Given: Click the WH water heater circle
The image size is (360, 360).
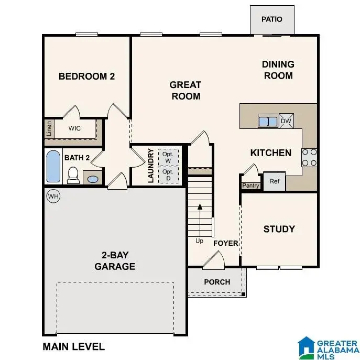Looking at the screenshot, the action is point(53,197).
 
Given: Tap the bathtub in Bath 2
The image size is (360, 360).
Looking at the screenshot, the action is point(53,167).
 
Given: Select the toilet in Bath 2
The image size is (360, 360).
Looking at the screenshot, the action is point(73,175).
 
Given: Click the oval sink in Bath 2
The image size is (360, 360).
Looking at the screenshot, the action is point(93,179).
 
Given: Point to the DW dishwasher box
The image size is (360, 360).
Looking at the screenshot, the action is point(286,121).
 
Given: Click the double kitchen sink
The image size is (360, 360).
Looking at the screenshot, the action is point(268,121).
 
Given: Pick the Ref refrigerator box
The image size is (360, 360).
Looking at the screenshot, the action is point(275,181).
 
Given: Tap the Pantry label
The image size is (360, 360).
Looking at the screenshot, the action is point(250,186).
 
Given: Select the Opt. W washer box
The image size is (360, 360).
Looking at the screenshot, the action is point(168,158).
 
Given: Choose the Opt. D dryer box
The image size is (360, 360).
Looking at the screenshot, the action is point(168,175).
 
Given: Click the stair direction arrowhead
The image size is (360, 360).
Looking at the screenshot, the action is point(200,206).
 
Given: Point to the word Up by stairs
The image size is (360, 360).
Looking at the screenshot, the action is point(199,241).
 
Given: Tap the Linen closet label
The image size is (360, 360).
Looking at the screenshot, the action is point(49,128).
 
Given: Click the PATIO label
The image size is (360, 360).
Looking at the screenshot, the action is point(272,19).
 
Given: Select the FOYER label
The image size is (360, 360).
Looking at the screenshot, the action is point(226,243).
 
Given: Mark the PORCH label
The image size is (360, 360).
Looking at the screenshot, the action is point(217,282).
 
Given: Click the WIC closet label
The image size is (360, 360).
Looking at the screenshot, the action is point(74,128).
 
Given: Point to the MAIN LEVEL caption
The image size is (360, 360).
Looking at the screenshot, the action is point(74,347).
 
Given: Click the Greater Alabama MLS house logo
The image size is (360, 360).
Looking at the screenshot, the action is point(306,346).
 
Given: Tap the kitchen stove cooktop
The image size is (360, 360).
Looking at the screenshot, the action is point(309,158).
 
